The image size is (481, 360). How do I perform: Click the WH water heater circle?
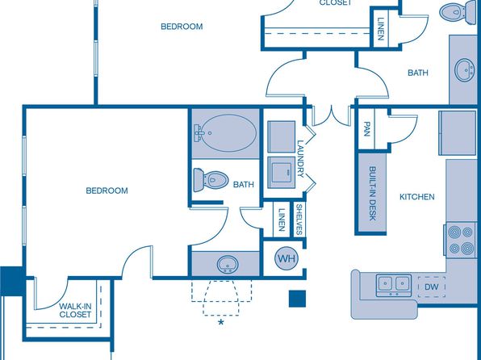(x=287, y=258)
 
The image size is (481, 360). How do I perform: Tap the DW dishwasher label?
(x=431, y=287)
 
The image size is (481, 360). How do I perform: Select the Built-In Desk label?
(x=372, y=194)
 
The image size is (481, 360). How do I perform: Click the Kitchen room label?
(x=417, y=197)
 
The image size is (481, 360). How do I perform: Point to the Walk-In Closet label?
(x=75, y=310)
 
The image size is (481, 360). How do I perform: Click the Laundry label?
(x=300, y=159)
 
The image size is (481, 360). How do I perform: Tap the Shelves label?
(x=299, y=220)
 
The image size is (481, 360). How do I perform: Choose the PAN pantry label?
(x=366, y=129)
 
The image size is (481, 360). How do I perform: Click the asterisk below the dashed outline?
(x=220, y=323)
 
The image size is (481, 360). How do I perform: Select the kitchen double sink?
(x=394, y=285)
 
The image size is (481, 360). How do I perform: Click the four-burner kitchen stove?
(x=460, y=240)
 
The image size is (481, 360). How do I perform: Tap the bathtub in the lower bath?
(x=225, y=133)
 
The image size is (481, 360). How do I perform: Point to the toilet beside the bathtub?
(x=211, y=180)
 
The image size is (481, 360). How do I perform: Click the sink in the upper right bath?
(x=463, y=70)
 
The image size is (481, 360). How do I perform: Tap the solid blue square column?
(x=297, y=299)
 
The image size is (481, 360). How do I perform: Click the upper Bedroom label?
(x=182, y=27)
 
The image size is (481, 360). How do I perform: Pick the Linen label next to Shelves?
(x=282, y=220)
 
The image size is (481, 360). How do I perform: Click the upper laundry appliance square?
(x=282, y=136)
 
